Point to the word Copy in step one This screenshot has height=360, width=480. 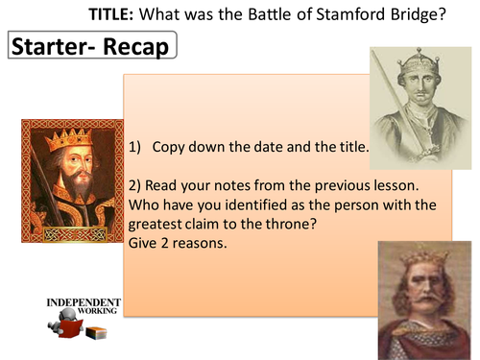[x=170, y=146]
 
